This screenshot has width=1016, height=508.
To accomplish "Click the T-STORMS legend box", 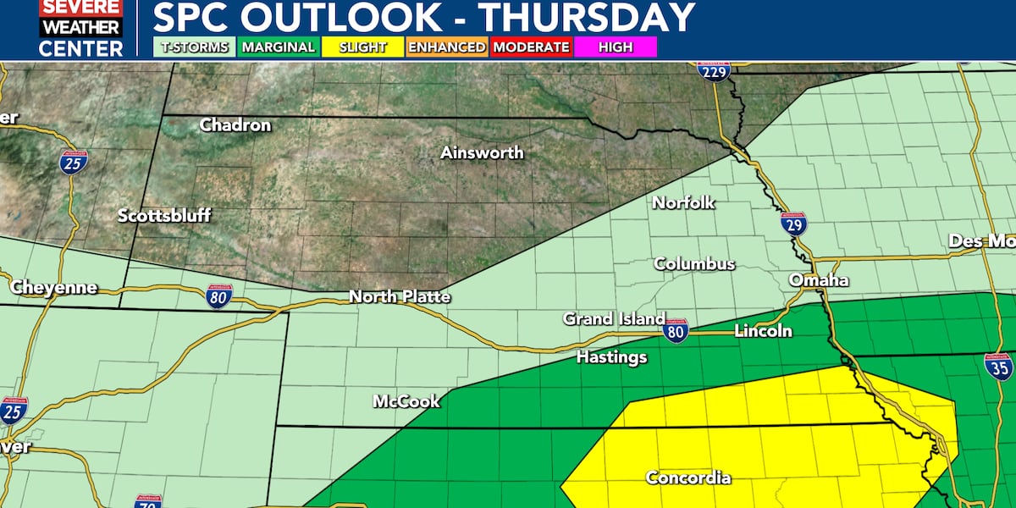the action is (195, 47).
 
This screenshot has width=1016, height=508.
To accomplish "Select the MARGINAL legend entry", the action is (279, 47).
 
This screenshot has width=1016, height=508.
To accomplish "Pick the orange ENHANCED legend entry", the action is (447, 47).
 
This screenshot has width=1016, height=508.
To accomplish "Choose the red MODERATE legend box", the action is (531, 47).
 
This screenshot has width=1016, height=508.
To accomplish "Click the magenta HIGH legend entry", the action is (616, 47).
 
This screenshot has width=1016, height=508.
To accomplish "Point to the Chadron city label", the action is (235, 125).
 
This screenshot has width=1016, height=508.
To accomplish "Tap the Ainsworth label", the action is (482, 153).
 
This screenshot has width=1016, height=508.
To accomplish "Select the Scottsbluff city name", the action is (164, 215).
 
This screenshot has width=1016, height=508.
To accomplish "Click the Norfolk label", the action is (683, 203).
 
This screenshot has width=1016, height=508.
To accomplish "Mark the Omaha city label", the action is (819, 280).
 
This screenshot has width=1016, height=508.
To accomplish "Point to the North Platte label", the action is (400, 297).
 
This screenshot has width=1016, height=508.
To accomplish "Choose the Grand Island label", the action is (615, 319).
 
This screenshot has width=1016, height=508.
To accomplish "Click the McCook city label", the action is (406, 401).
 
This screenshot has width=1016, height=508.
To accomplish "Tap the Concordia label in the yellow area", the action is (688, 478).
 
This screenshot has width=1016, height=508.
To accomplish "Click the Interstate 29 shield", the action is (793, 224).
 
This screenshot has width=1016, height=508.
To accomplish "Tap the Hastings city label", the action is (611, 357).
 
